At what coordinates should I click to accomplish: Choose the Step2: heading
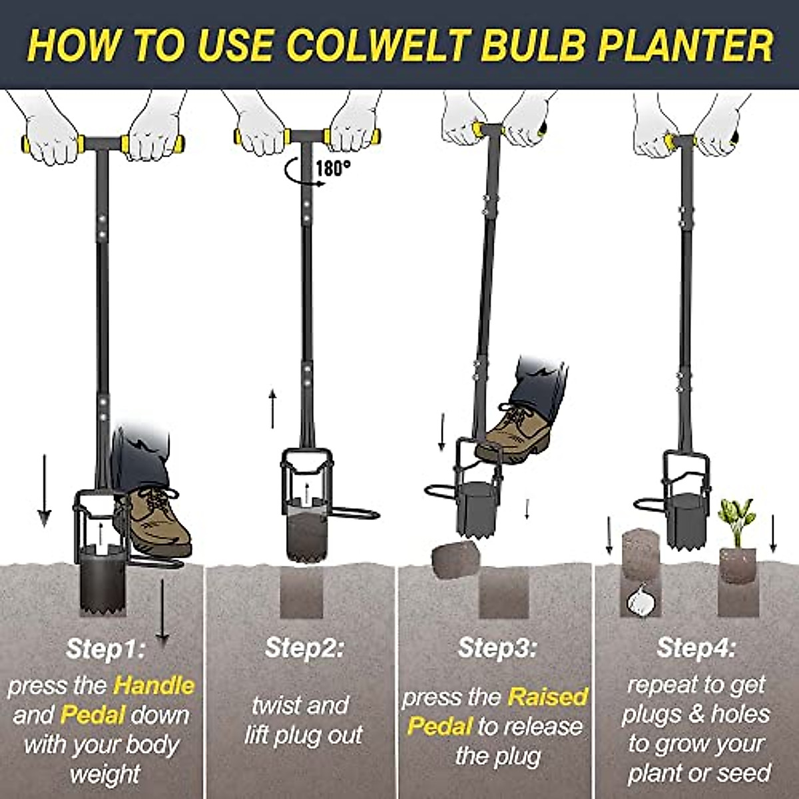(x=304, y=648)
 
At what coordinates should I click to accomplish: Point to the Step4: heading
(x=696, y=648)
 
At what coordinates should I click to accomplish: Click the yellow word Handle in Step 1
(x=154, y=685)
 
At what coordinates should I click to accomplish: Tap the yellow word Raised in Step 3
(x=548, y=697)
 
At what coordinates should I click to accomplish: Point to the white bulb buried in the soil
(x=641, y=599)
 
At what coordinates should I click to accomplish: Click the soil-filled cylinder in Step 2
(x=307, y=533)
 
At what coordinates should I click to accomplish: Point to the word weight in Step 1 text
(x=105, y=774)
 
